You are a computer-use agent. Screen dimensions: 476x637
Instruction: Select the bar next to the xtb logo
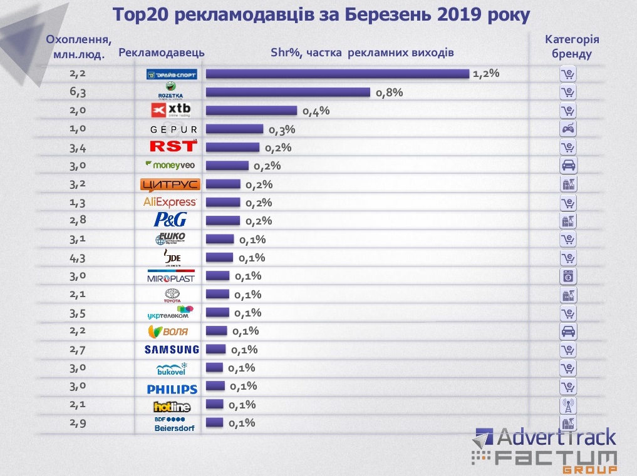pos(251,111)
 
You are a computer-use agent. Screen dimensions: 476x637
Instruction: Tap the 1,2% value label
pos(486,74)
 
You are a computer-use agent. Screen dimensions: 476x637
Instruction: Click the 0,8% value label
pos(389,93)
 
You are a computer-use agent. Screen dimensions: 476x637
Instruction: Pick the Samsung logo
pos(171,350)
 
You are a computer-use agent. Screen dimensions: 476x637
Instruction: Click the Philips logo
pos(172,388)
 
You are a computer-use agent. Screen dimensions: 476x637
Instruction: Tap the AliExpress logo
pos(170,202)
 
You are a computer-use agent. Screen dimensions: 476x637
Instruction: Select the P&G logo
pos(170,220)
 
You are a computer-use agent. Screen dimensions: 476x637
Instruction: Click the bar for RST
pos(232,148)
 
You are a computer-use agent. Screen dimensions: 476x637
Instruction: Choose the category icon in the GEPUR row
pos(567,129)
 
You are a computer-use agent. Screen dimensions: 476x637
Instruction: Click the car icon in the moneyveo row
pos(567,166)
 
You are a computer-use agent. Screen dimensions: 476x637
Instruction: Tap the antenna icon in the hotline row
pos(567,405)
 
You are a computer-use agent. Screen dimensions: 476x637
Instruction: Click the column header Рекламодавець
pos(161,53)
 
